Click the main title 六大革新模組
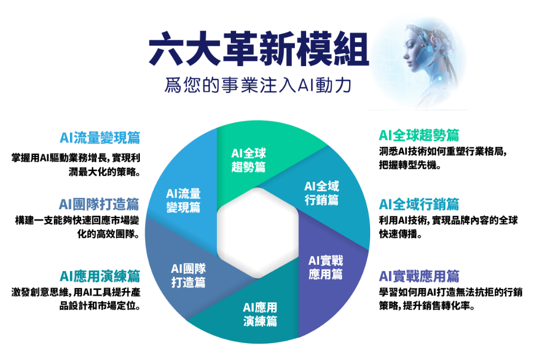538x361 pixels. (x=259, y=49)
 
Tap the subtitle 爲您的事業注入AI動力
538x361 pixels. (x=258, y=85)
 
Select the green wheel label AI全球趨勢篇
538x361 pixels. (x=249, y=160)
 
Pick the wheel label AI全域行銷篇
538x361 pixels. (x=322, y=193)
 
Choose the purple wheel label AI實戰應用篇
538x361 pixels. (x=325, y=267)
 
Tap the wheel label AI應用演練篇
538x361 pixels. (x=260, y=314)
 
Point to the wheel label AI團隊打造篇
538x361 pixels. (x=188, y=275)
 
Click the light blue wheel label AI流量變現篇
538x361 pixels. (x=183, y=200)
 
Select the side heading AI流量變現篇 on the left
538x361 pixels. (x=100, y=138)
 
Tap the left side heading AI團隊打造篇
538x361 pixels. (x=99, y=204)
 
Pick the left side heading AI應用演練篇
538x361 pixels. (x=100, y=276)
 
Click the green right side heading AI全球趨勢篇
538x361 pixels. (x=419, y=135)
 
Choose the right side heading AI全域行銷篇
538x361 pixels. (x=419, y=204)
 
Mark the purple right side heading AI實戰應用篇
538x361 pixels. (x=419, y=276)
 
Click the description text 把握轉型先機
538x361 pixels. (x=409, y=165)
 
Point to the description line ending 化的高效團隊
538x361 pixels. (x=109, y=235)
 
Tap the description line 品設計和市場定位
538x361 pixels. (x=100, y=306)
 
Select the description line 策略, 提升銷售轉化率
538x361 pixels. (x=427, y=306)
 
